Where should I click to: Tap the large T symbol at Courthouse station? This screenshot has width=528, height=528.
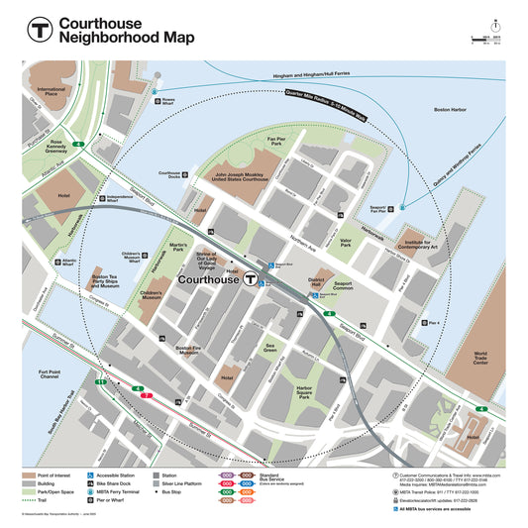click(x=252, y=281)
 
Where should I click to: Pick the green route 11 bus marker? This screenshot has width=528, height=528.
click(x=101, y=381)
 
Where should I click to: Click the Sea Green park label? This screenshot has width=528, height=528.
click(x=269, y=349)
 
